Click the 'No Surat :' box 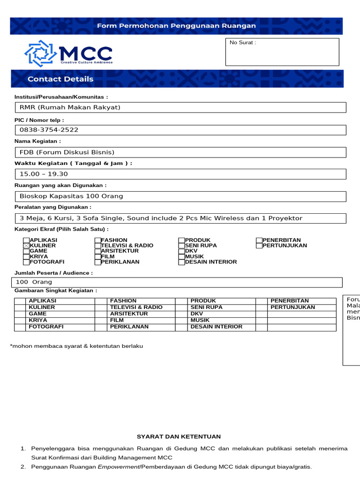[x=282, y=52]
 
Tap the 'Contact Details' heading [x=60, y=79]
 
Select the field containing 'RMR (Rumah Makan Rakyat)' [x=180, y=108]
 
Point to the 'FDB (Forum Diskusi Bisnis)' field [x=180, y=152]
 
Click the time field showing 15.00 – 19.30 [x=180, y=174]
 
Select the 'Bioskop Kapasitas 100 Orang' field [x=180, y=196]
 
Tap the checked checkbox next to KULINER [x=26, y=246]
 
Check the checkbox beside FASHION [x=97, y=240]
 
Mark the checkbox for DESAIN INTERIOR [x=181, y=262]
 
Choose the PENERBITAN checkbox [x=259, y=240]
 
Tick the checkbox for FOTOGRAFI [x=26, y=262]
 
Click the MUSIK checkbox [x=181, y=256]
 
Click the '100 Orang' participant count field [x=177, y=282]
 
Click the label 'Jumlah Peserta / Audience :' [x=54, y=273]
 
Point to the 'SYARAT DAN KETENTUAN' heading [x=179, y=437]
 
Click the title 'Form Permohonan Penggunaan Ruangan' [x=176, y=26]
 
